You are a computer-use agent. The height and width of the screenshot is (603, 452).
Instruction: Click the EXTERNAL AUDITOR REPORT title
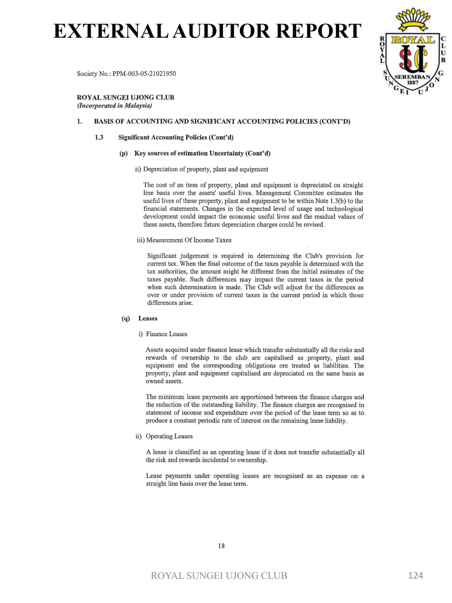pos(205,31)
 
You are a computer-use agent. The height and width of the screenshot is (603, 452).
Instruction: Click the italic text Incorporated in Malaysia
pos(115,106)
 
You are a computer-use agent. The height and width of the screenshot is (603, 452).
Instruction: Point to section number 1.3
pos(98,137)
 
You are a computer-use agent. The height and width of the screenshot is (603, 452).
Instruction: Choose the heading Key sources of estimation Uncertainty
pos(202,153)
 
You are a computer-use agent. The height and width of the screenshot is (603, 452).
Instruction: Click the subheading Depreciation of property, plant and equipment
pos(202,169)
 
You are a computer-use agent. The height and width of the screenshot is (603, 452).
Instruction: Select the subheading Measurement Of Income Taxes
pos(184,240)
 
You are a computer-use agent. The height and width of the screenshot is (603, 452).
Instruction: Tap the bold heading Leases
pos(148,319)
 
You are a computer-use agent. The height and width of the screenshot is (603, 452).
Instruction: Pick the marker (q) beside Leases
pos(125,319)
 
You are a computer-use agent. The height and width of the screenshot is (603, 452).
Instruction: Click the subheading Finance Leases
pos(163,334)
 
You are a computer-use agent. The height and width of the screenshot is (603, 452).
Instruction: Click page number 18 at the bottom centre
pos(221,546)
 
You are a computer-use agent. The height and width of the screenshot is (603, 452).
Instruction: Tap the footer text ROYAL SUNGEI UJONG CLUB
pos(220,575)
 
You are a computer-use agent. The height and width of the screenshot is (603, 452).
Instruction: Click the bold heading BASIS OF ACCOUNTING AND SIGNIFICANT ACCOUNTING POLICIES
pos(222,122)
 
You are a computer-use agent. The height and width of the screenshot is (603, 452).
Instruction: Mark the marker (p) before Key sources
pos(124,153)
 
